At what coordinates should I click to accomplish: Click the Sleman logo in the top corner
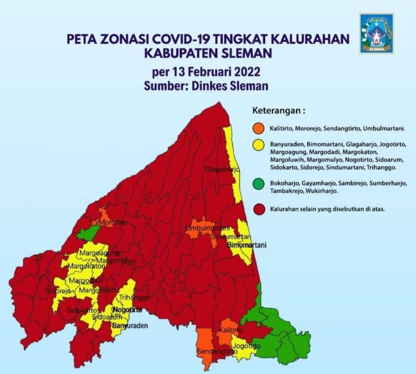point(376,33)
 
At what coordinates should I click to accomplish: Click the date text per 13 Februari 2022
point(206,72)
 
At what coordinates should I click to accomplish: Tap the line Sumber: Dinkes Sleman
point(206,86)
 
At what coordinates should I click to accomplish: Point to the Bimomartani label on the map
point(247,245)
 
